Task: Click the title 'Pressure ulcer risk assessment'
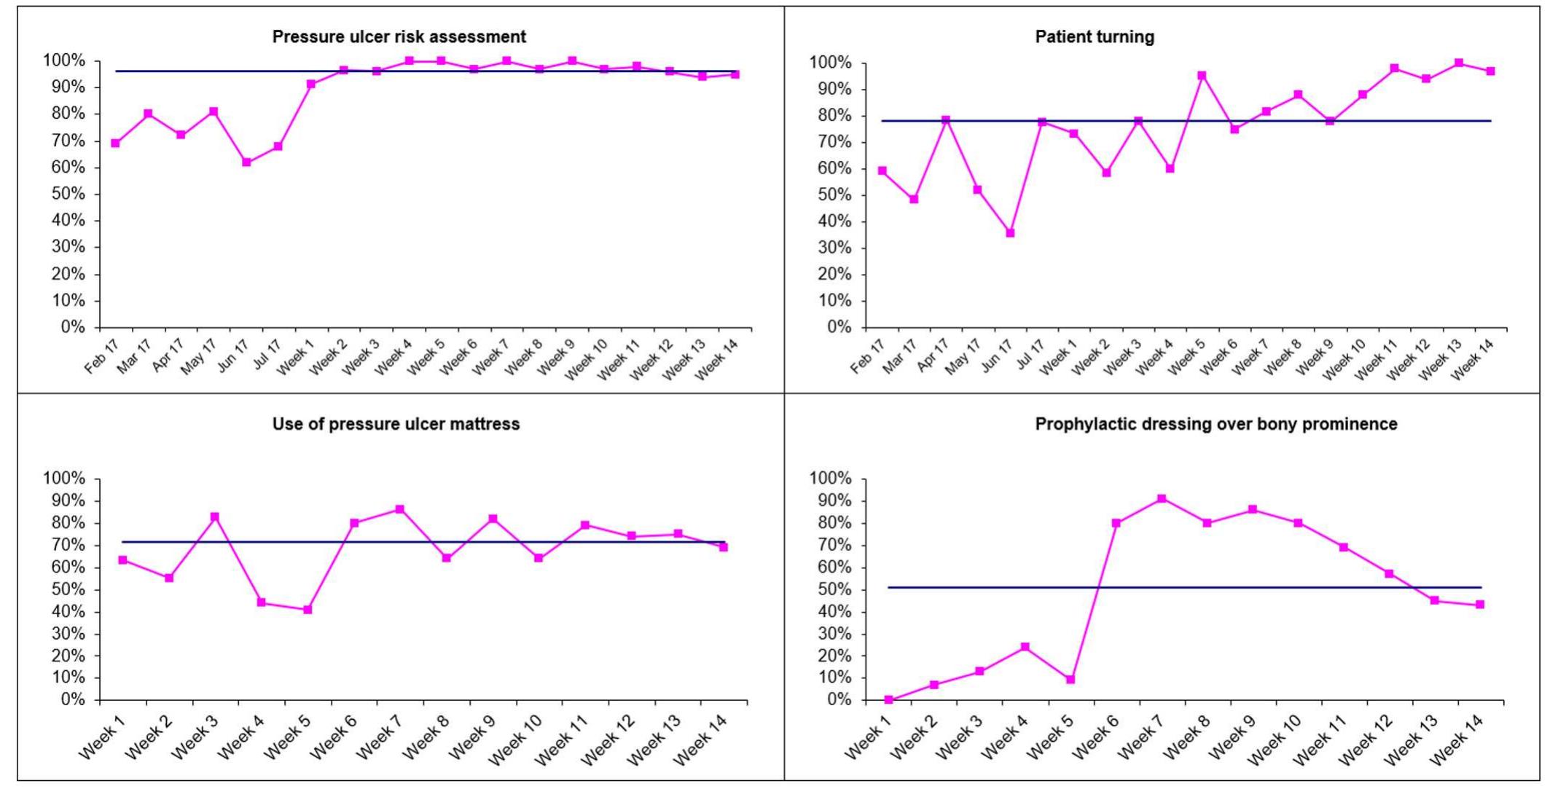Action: tap(399, 36)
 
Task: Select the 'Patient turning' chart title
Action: tap(1095, 36)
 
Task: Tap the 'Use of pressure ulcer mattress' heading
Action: tap(396, 424)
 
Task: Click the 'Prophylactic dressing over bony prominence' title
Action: tap(1216, 424)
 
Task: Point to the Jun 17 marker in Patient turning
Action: tap(1010, 233)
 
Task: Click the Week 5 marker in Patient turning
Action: tap(1202, 75)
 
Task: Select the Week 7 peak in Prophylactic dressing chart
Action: tap(1162, 498)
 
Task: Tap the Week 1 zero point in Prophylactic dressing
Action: tap(888, 699)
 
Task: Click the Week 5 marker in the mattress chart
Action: tap(308, 609)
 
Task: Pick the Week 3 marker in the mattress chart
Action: tap(215, 517)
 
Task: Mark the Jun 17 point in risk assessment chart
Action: tap(246, 162)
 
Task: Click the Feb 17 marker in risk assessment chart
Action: tap(115, 143)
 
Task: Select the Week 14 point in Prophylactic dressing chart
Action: tap(1480, 604)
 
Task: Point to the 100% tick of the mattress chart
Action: tap(65, 479)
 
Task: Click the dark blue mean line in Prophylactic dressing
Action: tap(1239, 587)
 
